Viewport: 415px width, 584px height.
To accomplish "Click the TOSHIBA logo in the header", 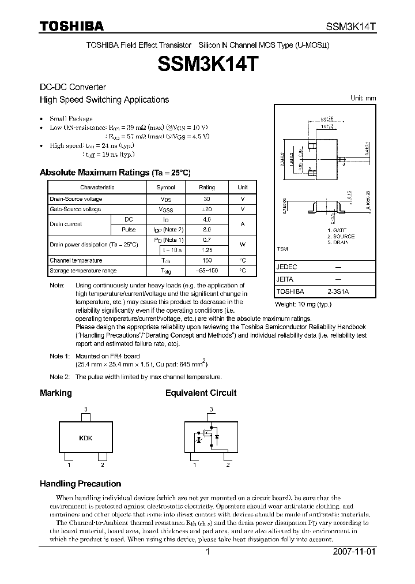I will click(x=71, y=26).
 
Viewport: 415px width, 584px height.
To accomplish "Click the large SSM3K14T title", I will click(x=207, y=63).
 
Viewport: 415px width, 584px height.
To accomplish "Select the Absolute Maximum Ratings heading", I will click(x=115, y=173).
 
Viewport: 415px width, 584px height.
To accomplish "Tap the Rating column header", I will click(x=207, y=188).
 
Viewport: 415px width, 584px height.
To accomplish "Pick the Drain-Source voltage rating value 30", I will click(x=207, y=199).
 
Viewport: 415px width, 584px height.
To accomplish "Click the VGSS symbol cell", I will click(x=166, y=209).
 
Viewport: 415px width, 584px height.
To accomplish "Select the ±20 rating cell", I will click(x=207, y=209).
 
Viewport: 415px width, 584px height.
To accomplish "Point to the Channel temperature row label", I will click(x=76, y=260).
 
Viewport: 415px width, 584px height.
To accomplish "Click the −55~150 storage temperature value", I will click(x=207, y=271).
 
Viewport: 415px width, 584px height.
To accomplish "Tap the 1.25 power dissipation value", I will click(x=207, y=250).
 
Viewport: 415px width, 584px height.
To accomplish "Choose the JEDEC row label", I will click(x=286, y=268).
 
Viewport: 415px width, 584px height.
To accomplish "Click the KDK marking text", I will click(x=86, y=438).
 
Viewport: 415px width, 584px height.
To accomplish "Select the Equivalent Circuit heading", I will click(x=201, y=393).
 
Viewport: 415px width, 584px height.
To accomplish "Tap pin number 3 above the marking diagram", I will click(x=86, y=409).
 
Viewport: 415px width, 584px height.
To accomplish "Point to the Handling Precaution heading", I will click(x=80, y=484).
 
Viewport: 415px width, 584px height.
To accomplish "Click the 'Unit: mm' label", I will click(x=363, y=98).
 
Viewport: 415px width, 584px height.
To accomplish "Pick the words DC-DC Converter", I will click(x=73, y=87).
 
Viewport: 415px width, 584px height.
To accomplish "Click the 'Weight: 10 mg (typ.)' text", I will click(x=304, y=304).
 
